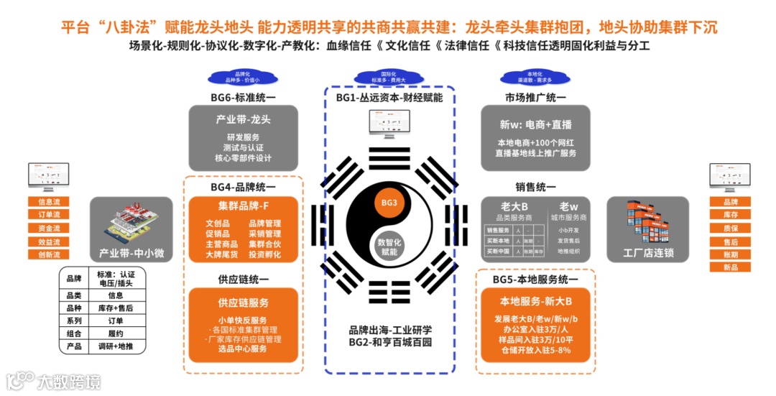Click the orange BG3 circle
pos(389,203)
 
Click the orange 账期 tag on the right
pos(730,254)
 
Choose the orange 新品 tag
pos(730,267)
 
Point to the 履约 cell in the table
pos(116,333)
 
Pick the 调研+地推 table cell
pos(116,346)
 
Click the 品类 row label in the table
pos(73,295)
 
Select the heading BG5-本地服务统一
pos(535,279)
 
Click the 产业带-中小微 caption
pos(131,253)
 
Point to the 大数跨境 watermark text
pos(70,381)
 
